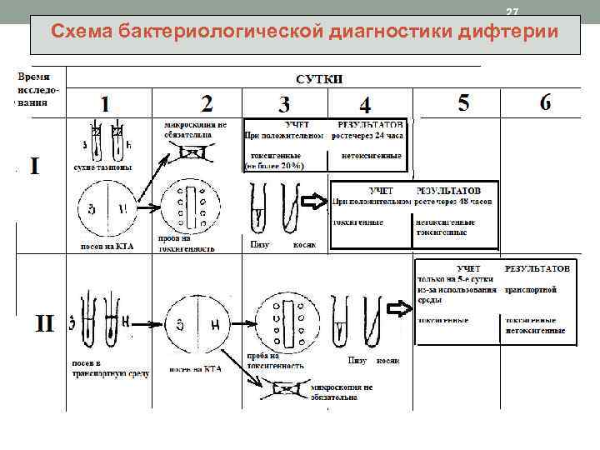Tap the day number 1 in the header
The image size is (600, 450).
104,104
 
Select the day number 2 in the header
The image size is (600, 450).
207,103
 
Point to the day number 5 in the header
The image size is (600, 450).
463,102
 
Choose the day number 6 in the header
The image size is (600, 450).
545,102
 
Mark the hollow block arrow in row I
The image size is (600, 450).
314,202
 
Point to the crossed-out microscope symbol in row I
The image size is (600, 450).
194,153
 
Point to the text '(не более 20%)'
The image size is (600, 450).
274,166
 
